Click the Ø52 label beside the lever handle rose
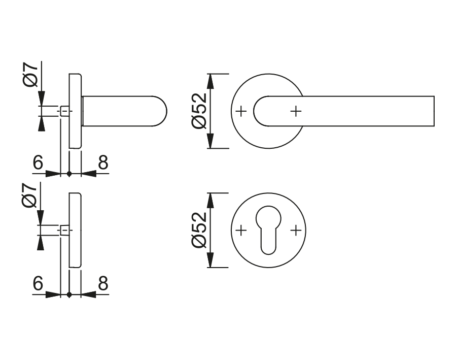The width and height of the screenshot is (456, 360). pos(198,111)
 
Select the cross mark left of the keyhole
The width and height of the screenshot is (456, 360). pos(241,231)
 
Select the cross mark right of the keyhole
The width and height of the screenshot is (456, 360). pos(296,231)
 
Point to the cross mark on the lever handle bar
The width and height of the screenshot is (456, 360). pos(296,110)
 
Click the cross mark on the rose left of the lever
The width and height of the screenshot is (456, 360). pos(241,110)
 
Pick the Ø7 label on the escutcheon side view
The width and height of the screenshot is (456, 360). pos(31,195)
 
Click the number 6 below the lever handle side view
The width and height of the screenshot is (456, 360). pos(38,162)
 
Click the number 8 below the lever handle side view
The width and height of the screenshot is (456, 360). pos(103,162)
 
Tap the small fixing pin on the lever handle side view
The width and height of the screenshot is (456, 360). pos(64,111)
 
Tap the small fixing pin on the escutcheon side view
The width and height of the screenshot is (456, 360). pos(64,231)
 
